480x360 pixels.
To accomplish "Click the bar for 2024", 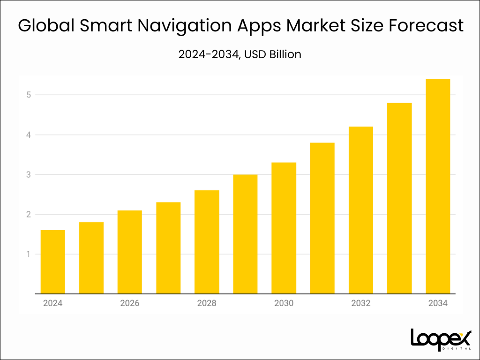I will tap(52, 262).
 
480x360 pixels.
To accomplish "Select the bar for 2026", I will tap(129, 252).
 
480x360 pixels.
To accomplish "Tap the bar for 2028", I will tap(207, 242).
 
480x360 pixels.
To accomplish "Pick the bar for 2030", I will tap(284, 228).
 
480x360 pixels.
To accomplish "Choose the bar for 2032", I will tap(361, 210).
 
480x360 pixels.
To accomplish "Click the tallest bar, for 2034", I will tap(438, 187).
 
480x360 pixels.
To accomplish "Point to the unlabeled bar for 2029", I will tap(245, 234).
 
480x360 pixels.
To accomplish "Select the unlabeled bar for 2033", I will tap(399, 198).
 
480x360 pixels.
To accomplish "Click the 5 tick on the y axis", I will tap(28, 95).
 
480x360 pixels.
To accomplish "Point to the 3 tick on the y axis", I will tap(28, 175).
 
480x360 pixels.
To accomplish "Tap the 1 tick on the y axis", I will tap(28, 255).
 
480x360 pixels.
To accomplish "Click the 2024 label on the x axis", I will tap(52, 303).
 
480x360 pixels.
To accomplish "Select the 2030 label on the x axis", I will tap(284, 303).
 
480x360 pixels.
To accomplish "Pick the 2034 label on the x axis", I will tap(438, 303).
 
